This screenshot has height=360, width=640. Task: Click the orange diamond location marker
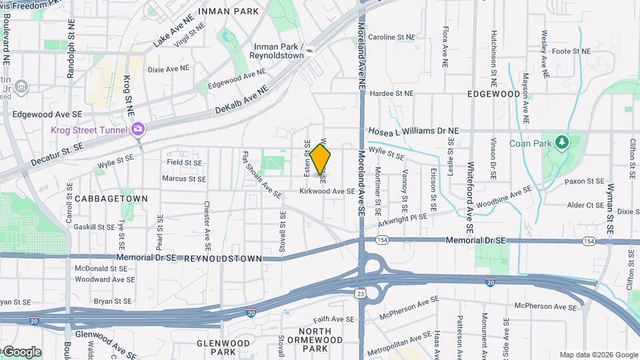tap(321, 159)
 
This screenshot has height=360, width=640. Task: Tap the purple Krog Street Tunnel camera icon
tap(139, 129)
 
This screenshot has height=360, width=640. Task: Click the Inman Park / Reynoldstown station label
tap(279, 51)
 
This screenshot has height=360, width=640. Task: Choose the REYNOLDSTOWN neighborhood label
tap(223, 258)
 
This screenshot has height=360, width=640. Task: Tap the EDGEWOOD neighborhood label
tap(493, 94)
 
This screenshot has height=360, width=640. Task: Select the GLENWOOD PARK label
tap(223, 347)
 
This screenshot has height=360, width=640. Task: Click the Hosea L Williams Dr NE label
tap(413, 131)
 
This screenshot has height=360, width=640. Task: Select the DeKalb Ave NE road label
tap(241, 99)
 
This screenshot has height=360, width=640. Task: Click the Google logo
tap(21, 352)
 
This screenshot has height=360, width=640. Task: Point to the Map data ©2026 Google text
tap(598, 355)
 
